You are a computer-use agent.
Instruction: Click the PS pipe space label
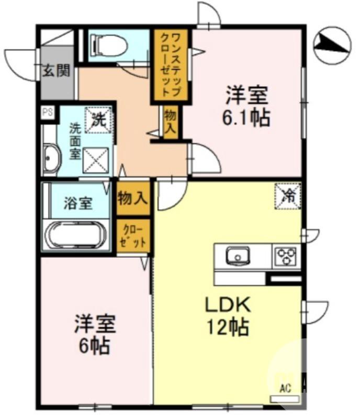point(48,112)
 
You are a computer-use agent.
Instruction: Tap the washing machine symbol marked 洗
point(99,118)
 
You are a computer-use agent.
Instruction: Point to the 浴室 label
point(78,203)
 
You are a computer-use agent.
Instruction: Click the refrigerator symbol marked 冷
point(288,195)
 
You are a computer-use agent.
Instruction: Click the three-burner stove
point(286,257)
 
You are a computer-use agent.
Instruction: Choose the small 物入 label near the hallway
point(171,123)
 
